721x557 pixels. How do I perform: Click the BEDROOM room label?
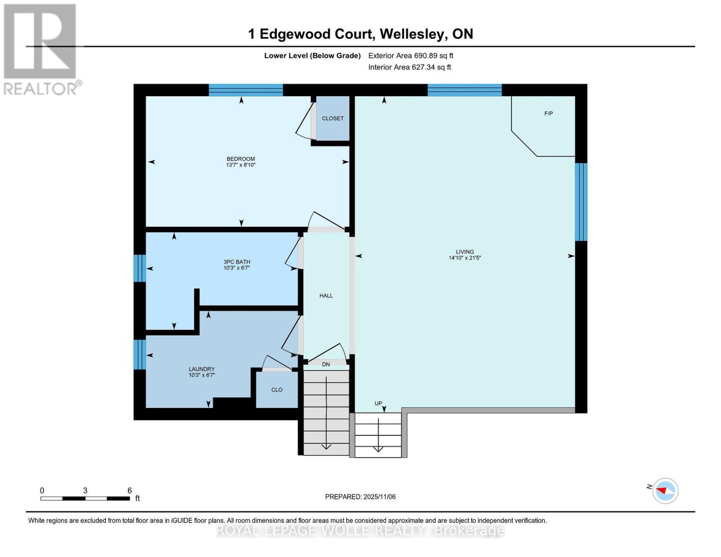[x=240, y=159]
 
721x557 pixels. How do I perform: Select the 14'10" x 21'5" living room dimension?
[x=464, y=258]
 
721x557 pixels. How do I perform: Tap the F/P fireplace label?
[x=548, y=114]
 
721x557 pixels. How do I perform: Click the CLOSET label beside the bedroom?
[x=332, y=118]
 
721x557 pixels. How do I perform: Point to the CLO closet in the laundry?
[x=277, y=390]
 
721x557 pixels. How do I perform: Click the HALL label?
[x=326, y=296]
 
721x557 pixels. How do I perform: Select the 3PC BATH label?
[x=237, y=262]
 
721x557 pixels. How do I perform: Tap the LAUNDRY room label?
[x=201, y=369]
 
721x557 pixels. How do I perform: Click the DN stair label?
[x=326, y=364]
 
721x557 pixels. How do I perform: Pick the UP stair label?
[x=378, y=403]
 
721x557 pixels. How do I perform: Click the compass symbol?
[x=665, y=491]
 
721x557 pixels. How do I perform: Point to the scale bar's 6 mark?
[x=130, y=491]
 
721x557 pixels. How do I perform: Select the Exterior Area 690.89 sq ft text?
[x=410, y=56]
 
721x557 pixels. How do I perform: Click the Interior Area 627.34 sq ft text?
[x=409, y=67]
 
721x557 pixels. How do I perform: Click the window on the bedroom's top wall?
[x=246, y=90]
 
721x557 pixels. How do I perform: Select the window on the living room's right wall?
[x=581, y=202]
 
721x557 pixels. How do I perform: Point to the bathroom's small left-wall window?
[x=139, y=268]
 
